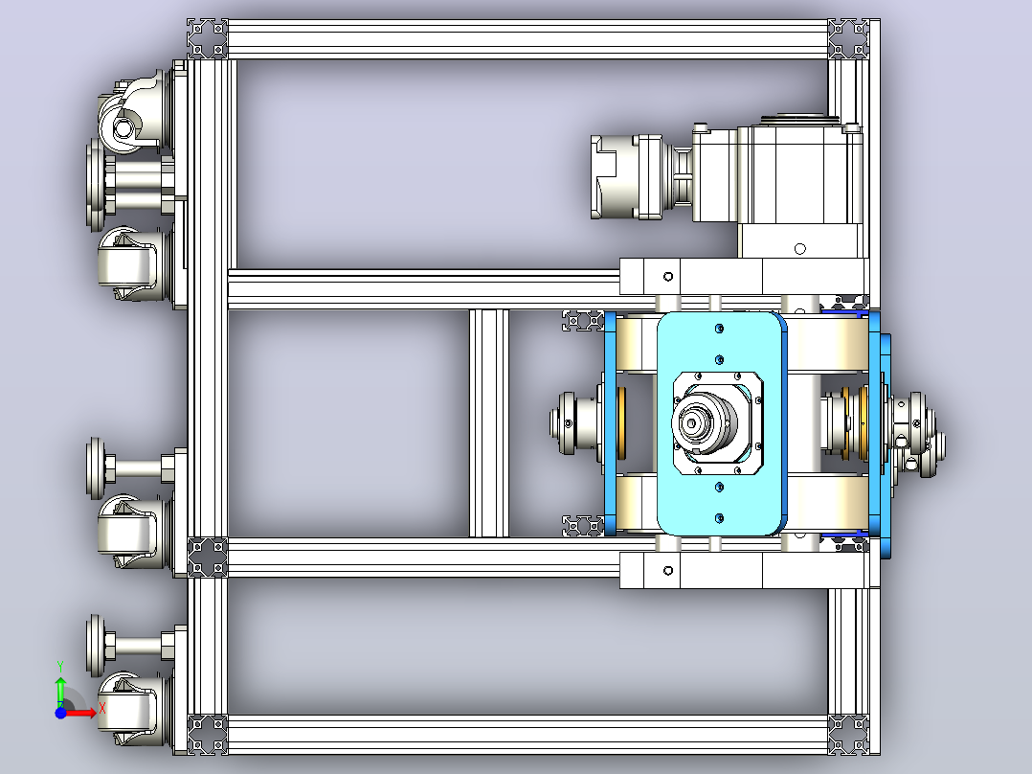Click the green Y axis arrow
60,689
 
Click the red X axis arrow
80,713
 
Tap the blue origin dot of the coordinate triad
60,713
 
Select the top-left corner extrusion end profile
208,38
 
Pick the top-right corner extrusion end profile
848,38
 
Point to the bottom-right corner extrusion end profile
848,734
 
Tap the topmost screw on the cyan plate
719,328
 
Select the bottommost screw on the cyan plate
719,518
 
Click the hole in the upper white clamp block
667,277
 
